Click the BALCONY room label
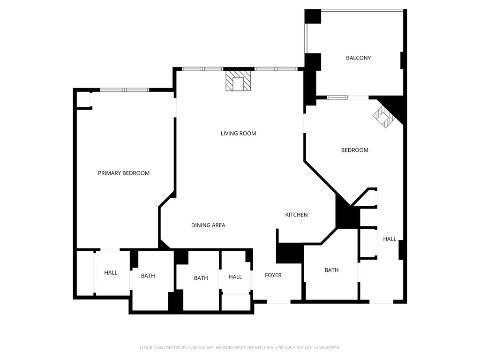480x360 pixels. (358, 58)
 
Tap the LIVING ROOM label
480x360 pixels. (238, 134)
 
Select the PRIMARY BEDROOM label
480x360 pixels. (124, 173)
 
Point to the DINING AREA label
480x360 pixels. (208, 225)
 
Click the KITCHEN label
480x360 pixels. (296, 215)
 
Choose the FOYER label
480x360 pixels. (273, 275)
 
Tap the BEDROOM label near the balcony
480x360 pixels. (354, 150)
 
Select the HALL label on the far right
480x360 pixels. (390, 239)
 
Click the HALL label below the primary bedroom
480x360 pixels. (111, 273)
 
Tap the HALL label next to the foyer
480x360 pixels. (235, 277)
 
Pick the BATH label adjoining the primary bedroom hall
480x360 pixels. (148, 276)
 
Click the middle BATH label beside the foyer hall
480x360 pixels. (201, 278)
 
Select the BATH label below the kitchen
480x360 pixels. (331, 270)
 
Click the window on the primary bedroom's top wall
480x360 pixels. (125, 90)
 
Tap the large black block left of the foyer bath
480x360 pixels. (289, 253)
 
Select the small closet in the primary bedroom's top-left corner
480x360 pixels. (83, 100)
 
